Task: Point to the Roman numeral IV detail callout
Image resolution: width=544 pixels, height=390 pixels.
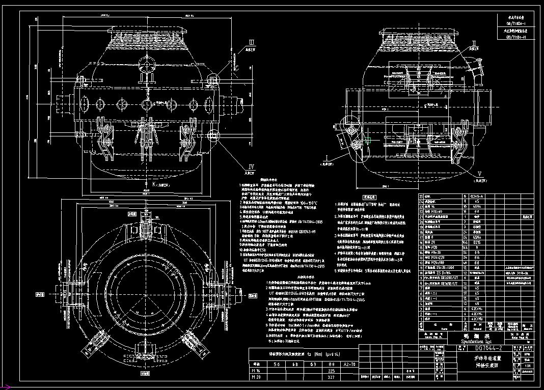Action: pos(251,167)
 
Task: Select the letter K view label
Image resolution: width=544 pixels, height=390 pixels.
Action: pos(148,183)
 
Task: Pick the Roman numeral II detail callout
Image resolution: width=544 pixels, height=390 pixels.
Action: pos(474,43)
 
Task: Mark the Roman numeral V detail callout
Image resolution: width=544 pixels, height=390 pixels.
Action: pos(478,173)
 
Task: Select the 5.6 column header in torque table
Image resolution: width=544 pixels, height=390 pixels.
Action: pos(278,365)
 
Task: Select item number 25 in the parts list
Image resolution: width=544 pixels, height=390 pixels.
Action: pos(421,196)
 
